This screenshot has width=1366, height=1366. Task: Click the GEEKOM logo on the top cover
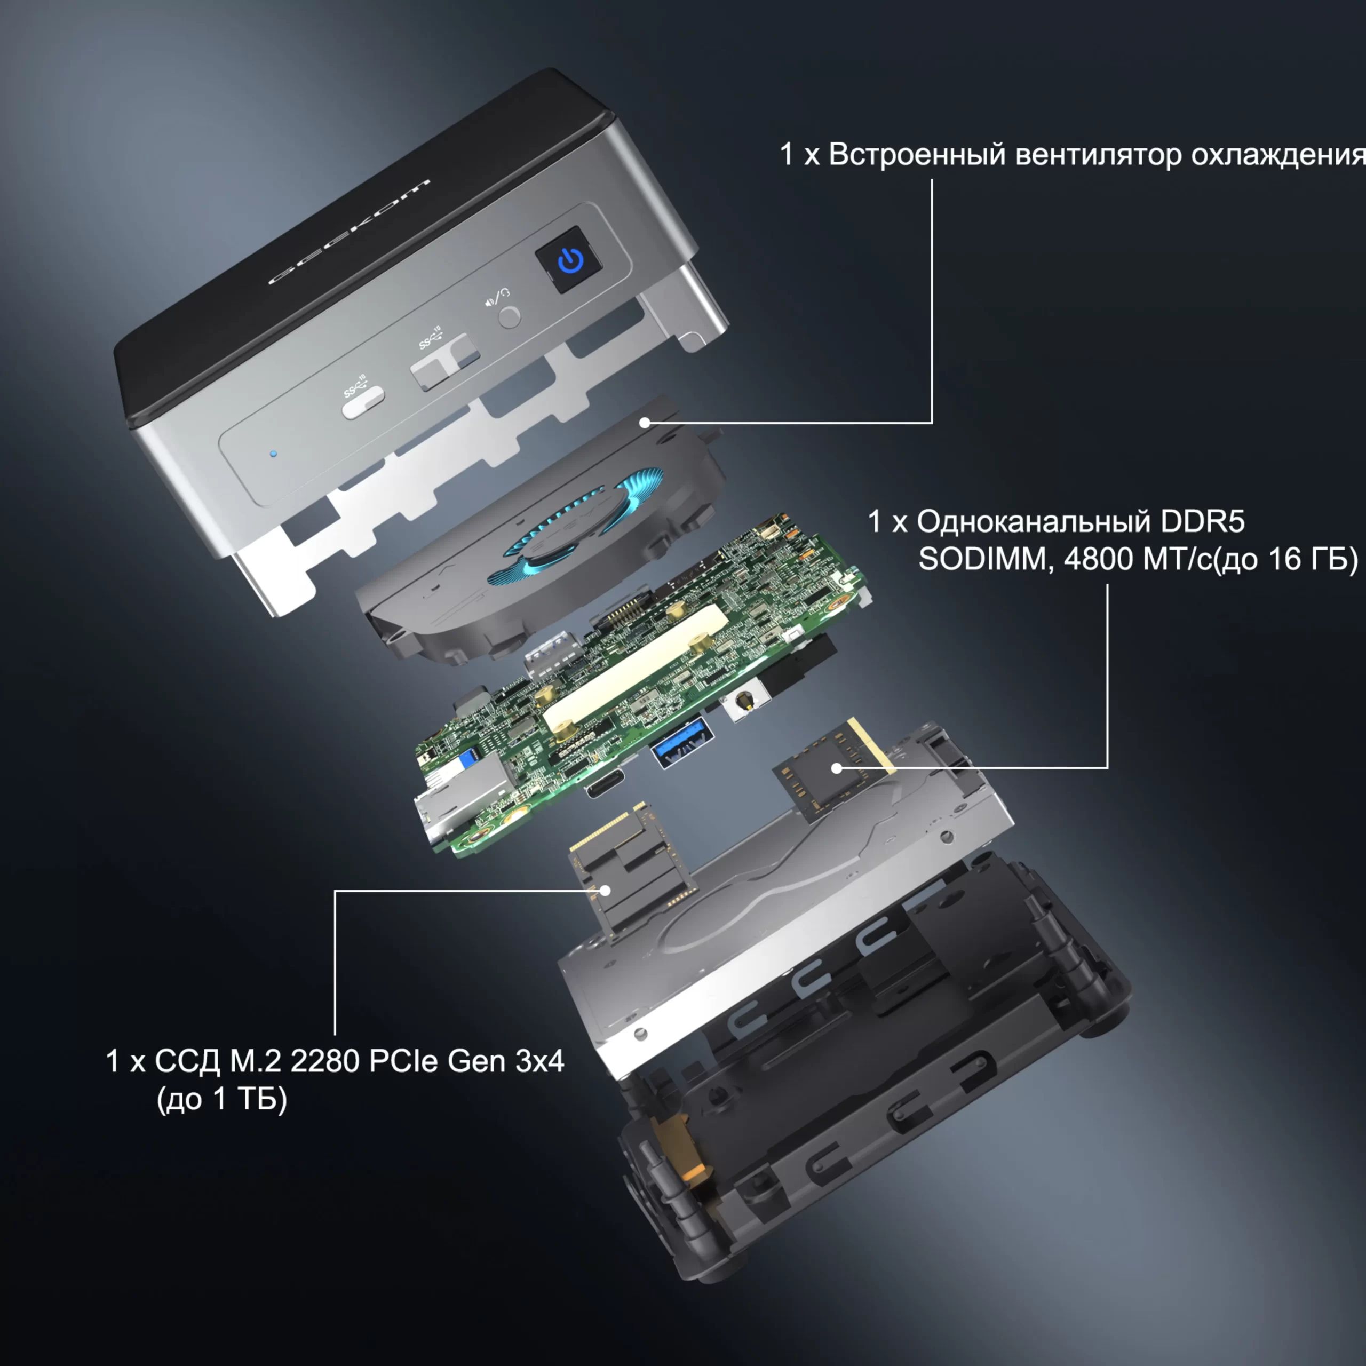350,231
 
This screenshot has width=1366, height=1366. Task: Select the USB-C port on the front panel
363,402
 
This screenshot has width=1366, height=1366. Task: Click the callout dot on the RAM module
837,767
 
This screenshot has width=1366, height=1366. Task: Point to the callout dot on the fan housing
644,423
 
